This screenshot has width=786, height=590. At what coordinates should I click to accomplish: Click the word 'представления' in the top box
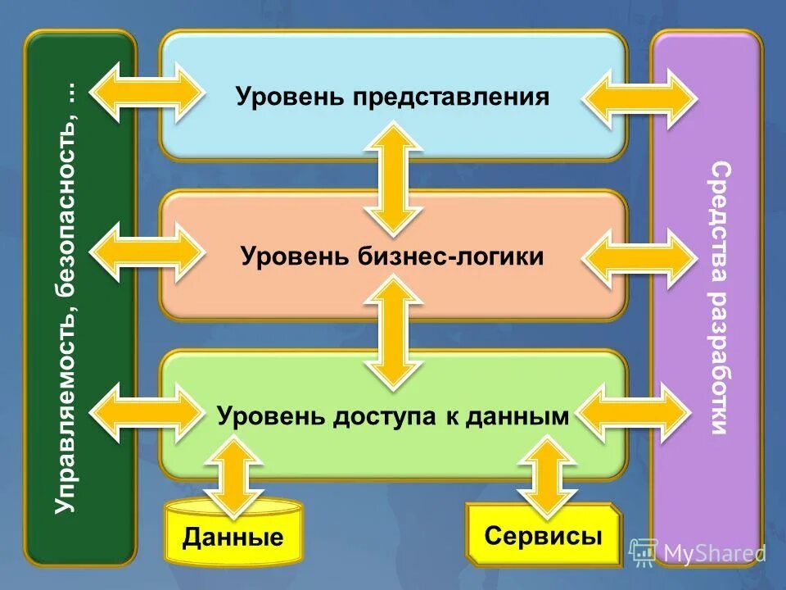point(451,98)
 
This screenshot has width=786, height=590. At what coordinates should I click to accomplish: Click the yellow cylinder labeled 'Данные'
point(233,537)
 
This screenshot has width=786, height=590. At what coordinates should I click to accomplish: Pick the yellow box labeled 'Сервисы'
point(544,537)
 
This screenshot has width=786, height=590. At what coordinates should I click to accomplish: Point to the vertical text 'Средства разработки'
point(719,298)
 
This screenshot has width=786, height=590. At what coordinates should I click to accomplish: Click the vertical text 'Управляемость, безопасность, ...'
point(66,298)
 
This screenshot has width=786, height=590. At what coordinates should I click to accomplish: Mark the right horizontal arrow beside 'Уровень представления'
point(639,99)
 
